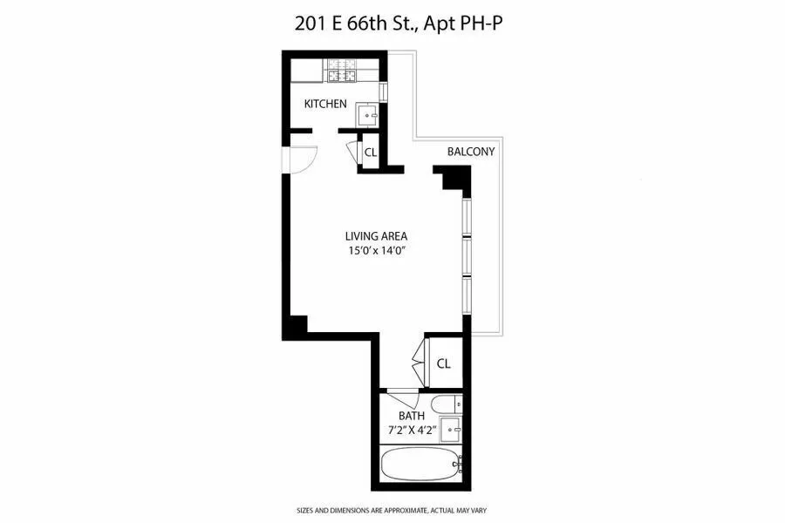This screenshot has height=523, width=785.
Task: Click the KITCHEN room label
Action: [325, 104]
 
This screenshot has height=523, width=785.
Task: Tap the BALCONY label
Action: [471, 152]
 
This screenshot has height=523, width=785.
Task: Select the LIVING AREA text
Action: [376, 235]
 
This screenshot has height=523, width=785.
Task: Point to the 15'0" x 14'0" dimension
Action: [376, 252]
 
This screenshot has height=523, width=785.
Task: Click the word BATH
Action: [411, 416]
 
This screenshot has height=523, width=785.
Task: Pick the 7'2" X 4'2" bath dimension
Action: [411, 431]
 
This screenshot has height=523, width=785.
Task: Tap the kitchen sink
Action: [368, 113]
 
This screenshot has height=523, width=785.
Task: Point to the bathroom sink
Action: [451, 428]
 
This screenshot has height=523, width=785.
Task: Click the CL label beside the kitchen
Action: [370, 153]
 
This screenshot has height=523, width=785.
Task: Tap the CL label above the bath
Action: [443, 363]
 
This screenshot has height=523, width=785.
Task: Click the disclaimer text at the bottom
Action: [392, 510]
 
